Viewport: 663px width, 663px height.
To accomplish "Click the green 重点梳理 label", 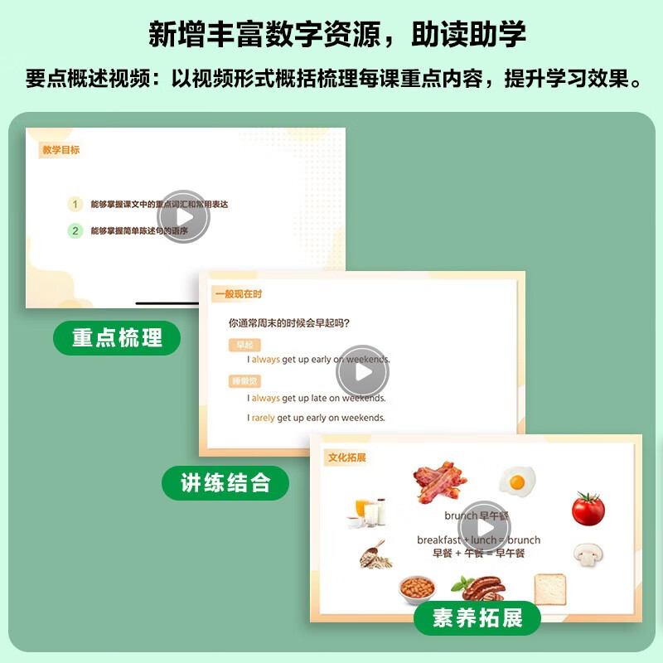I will [116, 338].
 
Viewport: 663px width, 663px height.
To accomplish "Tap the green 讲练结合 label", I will [225, 482].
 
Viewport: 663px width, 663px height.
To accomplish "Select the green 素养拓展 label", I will [477, 618].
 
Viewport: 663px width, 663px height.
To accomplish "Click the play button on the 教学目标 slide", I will [183, 217].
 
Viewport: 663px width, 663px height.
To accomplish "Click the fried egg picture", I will [517, 481].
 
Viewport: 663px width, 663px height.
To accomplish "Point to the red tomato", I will [588, 507].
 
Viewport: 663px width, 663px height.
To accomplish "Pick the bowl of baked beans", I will [416, 589].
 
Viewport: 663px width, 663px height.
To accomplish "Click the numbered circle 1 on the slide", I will [75, 204].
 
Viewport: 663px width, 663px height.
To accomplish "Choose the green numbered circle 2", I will [75, 231].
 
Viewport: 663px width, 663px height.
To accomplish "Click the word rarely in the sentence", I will [264, 418].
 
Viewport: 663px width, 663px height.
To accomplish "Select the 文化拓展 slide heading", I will [346, 457].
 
